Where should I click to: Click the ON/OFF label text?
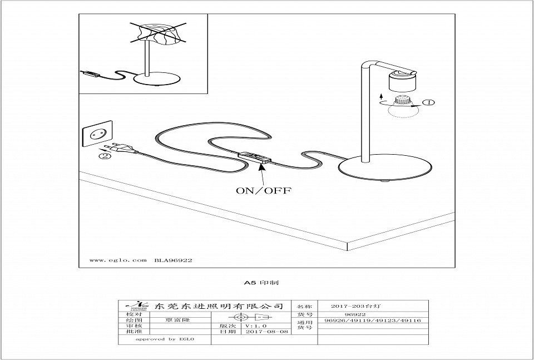click(264, 190)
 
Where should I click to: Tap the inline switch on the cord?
click(254, 157)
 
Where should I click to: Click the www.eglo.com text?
click(117, 260)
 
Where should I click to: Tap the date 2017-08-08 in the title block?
click(267, 332)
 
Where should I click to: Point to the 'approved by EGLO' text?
click(164, 339)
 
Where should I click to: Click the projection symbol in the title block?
click(250, 317)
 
